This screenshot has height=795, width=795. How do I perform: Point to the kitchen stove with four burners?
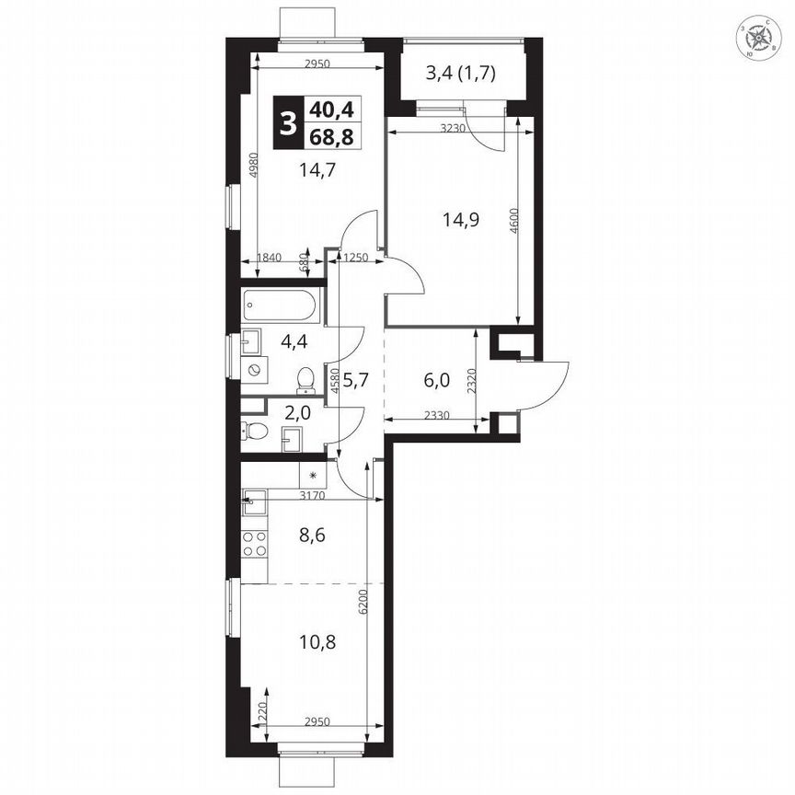tap(255, 544)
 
